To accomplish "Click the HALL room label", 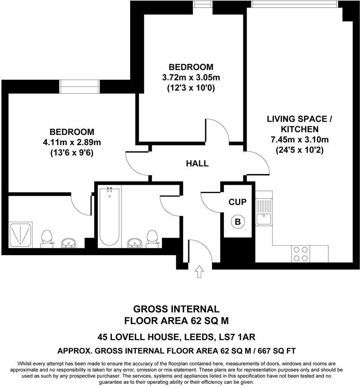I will [x=197, y=164].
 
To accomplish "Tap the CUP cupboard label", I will [x=237, y=202].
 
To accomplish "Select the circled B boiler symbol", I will [x=237, y=221].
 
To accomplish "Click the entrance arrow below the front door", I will [x=199, y=272].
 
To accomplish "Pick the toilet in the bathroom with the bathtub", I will [x=152, y=238].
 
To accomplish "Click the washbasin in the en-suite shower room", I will [x=69, y=243].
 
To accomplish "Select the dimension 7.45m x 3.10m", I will [x=299, y=139].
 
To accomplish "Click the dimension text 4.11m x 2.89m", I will [x=72, y=142].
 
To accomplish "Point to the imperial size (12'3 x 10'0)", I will [x=191, y=88].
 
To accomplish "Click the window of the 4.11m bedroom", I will [x=80, y=87].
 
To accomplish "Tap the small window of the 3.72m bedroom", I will [x=202, y=4].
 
